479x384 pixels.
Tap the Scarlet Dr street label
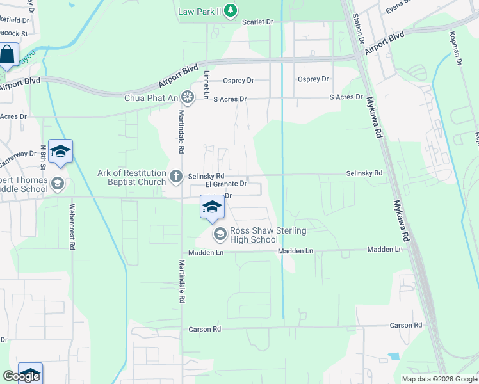click(x=258, y=22)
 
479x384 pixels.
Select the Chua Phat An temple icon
click(x=188, y=97)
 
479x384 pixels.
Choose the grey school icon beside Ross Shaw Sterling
click(x=220, y=235)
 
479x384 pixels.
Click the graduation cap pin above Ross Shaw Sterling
click(x=212, y=207)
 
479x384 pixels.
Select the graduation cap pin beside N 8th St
click(x=60, y=152)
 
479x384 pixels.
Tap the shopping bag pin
click(x=7, y=55)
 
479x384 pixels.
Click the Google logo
click(x=20, y=376)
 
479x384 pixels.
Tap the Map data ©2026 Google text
click(x=439, y=379)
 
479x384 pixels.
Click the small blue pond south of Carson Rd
click(x=393, y=356)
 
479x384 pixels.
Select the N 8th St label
click(x=44, y=157)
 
